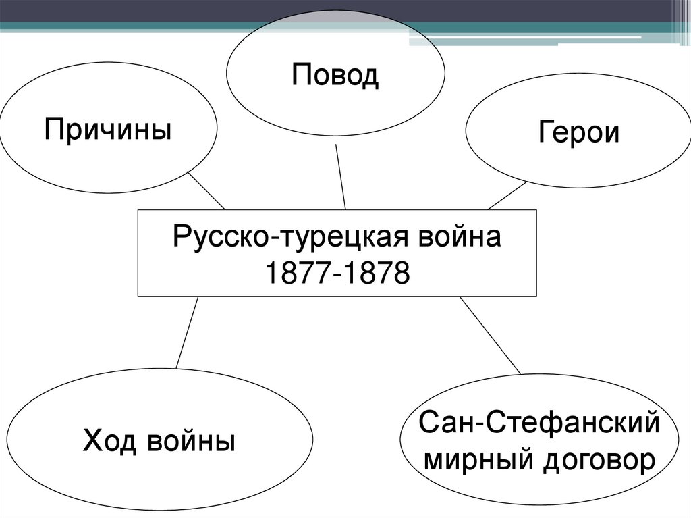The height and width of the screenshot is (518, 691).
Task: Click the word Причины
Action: click(x=108, y=128)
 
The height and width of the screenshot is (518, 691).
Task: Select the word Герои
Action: click(x=578, y=132)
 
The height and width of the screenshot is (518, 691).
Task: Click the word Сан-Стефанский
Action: click(x=538, y=423)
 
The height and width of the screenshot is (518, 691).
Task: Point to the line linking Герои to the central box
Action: click(x=506, y=196)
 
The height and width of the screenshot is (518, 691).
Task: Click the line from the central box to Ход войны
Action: click(x=187, y=332)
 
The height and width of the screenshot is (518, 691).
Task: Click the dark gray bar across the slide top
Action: click(x=337, y=10)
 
